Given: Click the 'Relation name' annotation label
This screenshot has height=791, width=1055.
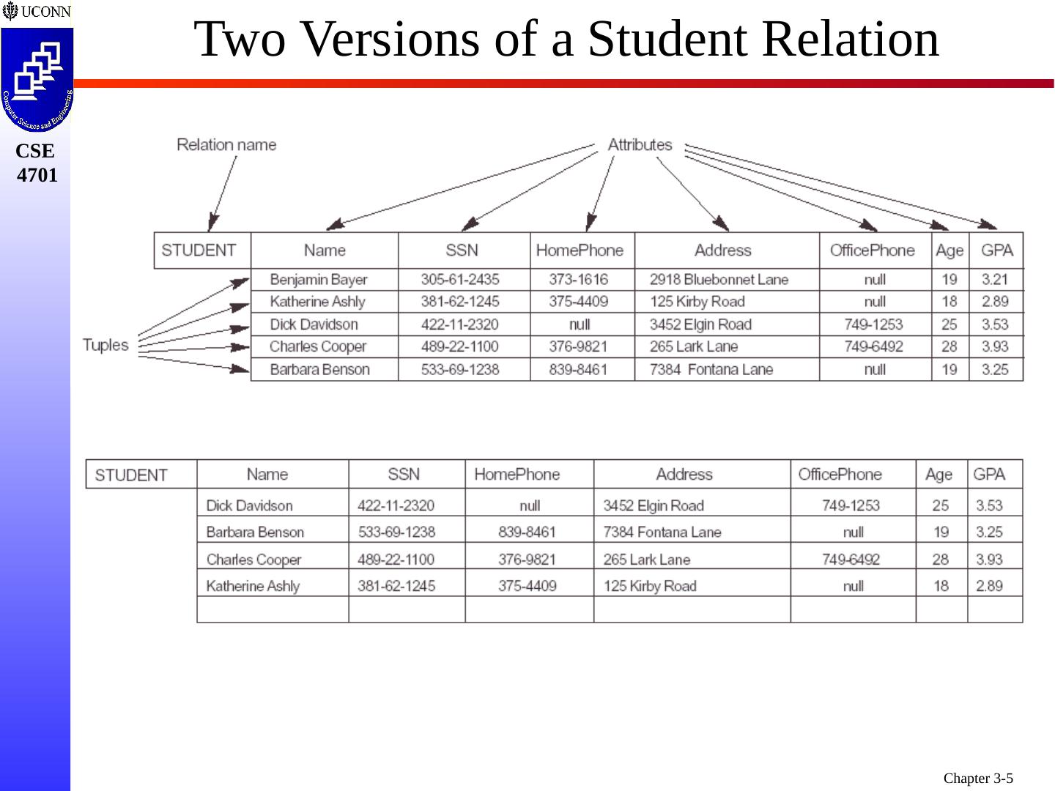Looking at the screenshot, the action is click(226, 145).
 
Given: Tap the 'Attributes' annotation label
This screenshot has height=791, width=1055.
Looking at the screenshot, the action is click(640, 145).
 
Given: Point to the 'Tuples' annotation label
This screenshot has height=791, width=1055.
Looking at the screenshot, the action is click(105, 345).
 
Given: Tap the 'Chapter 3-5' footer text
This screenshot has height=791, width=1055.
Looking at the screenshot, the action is click(977, 778).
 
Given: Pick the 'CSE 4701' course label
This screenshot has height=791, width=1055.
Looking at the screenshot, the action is click(36, 163).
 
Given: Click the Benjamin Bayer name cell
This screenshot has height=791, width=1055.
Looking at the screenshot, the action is click(319, 279).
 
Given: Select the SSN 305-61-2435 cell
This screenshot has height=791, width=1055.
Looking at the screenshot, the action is click(460, 279).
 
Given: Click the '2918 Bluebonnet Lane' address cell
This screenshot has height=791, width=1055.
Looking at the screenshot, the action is click(719, 279).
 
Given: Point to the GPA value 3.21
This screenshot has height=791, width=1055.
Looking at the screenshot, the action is click(995, 279).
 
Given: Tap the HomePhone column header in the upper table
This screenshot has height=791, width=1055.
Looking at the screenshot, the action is click(580, 250).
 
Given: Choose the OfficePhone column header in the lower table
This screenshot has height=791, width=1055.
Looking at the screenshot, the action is click(840, 475).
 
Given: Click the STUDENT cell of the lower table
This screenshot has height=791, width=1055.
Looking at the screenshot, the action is click(131, 475).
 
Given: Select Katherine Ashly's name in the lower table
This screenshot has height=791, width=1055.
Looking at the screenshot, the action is click(253, 586).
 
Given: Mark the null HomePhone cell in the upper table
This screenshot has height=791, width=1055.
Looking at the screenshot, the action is click(580, 324).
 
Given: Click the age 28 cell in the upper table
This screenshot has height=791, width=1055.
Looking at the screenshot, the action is click(949, 346).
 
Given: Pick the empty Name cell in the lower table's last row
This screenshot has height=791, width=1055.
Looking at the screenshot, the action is click(273, 609).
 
